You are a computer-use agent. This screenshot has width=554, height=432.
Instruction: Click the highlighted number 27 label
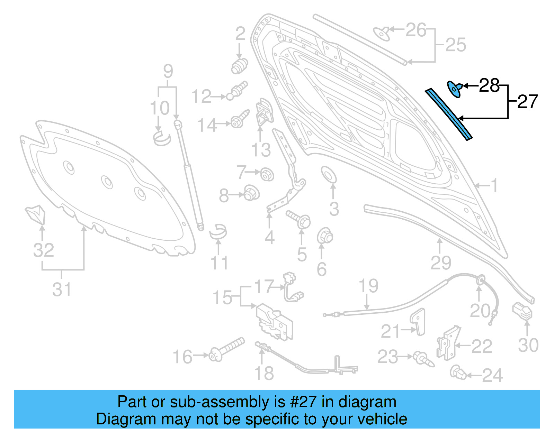click(527, 102)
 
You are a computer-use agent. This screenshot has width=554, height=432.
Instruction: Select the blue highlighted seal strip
click(449, 114)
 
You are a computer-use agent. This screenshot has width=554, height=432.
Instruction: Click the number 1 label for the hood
click(494, 185)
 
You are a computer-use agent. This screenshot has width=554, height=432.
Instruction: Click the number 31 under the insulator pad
click(62, 289)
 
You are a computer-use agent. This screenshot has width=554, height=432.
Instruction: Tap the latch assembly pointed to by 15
click(274, 322)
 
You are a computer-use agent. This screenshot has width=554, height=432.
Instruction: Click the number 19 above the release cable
click(368, 286)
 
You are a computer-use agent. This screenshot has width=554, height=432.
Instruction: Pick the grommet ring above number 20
click(480, 280)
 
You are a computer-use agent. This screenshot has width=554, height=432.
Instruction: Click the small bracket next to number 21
click(419, 322)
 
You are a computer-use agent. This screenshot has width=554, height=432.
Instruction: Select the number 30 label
click(528, 345)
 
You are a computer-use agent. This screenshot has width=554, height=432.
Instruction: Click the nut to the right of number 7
click(267, 174)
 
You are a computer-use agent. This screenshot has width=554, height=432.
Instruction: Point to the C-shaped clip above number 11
click(218, 231)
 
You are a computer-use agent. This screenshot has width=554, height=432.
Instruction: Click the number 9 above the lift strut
click(168, 71)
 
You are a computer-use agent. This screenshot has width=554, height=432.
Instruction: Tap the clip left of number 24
click(458, 372)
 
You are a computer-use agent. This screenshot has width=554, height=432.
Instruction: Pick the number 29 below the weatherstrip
click(440, 263)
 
